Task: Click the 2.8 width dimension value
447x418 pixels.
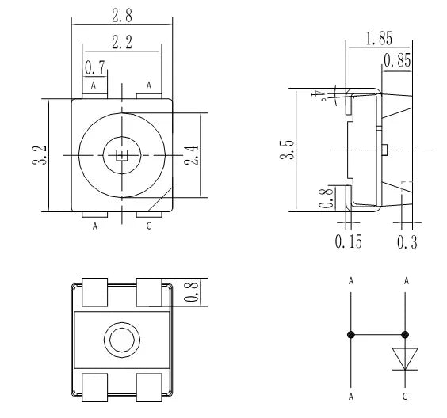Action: (122, 15)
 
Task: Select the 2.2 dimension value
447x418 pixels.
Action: (122, 42)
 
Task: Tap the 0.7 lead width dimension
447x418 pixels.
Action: (95, 68)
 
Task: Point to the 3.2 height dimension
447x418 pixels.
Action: (40, 155)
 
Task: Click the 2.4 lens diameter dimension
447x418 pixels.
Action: (191, 155)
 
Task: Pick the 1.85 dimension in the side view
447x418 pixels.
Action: (379, 38)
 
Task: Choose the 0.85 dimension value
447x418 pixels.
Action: (397, 60)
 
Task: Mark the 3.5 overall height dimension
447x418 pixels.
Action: (287, 150)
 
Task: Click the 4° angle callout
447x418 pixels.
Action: (320, 95)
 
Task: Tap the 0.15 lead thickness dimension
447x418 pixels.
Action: (349, 241)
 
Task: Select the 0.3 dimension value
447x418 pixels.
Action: (407, 242)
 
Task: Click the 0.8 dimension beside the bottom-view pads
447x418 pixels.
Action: (191, 292)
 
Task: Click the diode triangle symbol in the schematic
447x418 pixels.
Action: (405, 359)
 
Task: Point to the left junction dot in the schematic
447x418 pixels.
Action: (351, 335)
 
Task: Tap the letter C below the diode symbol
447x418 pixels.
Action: (405, 396)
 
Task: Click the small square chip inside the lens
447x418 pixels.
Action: (122, 155)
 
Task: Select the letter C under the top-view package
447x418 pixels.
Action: (148, 226)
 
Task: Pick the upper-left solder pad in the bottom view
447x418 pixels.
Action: (94, 292)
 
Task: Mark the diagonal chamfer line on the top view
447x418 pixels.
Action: (160, 199)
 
